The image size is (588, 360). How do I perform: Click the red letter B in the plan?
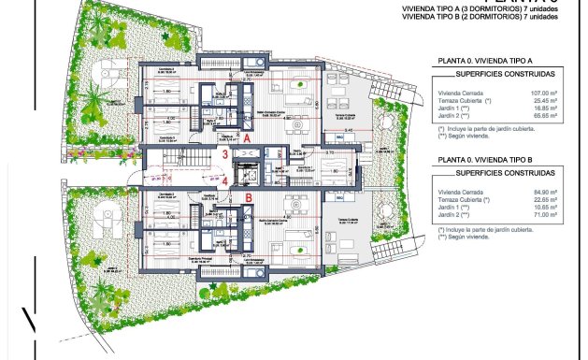249,198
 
